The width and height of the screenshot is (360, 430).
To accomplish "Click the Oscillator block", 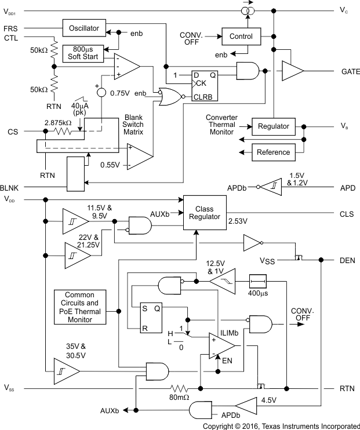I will pyautogui.click(x=85, y=27).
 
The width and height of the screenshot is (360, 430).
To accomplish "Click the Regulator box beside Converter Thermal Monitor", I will pyautogui.click(x=273, y=126).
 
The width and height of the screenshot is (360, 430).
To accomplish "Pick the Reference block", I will pyautogui.click(x=273, y=152).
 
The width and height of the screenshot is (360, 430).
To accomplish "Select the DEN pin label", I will pyautogui.click(x=347, y=260).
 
